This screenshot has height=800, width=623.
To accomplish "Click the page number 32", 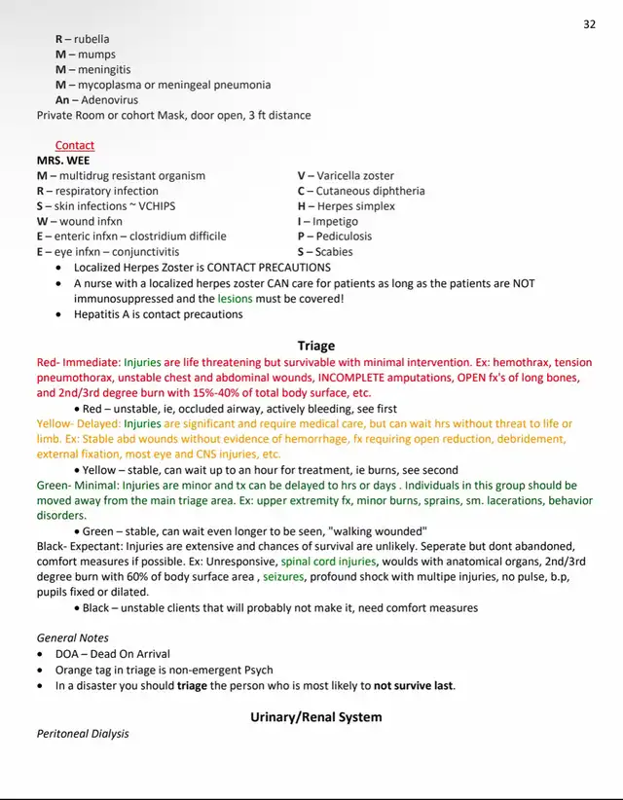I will click(x=589, y=25).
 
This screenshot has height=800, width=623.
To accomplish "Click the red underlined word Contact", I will click(x=75, y=145).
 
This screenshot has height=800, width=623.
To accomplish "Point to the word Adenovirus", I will click(x=109, y=99).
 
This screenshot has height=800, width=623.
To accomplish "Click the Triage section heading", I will click(x=315, y=345).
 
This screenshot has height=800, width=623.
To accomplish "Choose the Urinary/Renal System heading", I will click(x=315, y=717).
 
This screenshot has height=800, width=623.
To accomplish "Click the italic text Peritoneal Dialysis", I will click(x=83, y=734).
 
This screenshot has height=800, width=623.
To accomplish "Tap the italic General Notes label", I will click(x=72, y=638).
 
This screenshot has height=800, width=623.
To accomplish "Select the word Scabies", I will click(x=336, y=251).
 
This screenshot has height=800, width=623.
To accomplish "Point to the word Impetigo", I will click(x=335, y=221).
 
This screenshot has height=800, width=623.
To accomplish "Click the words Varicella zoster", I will click(x=355, y=176).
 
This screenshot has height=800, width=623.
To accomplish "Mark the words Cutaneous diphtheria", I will click(x=370, y=191).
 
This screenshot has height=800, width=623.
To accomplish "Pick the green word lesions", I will click(x=235, y=299).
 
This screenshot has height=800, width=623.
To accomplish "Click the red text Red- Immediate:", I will click(x=78, y=362).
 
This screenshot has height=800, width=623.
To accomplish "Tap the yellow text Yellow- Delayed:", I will click(x=79, y=424).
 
